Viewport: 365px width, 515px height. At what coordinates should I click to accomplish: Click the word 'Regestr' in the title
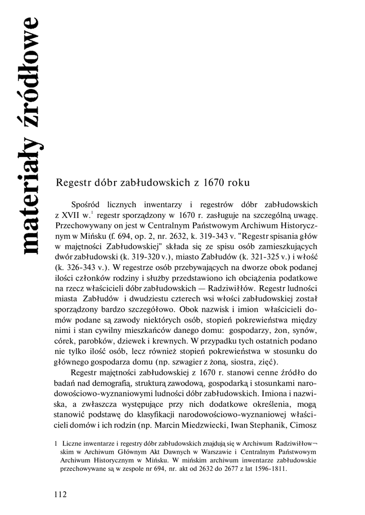[74, 183]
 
